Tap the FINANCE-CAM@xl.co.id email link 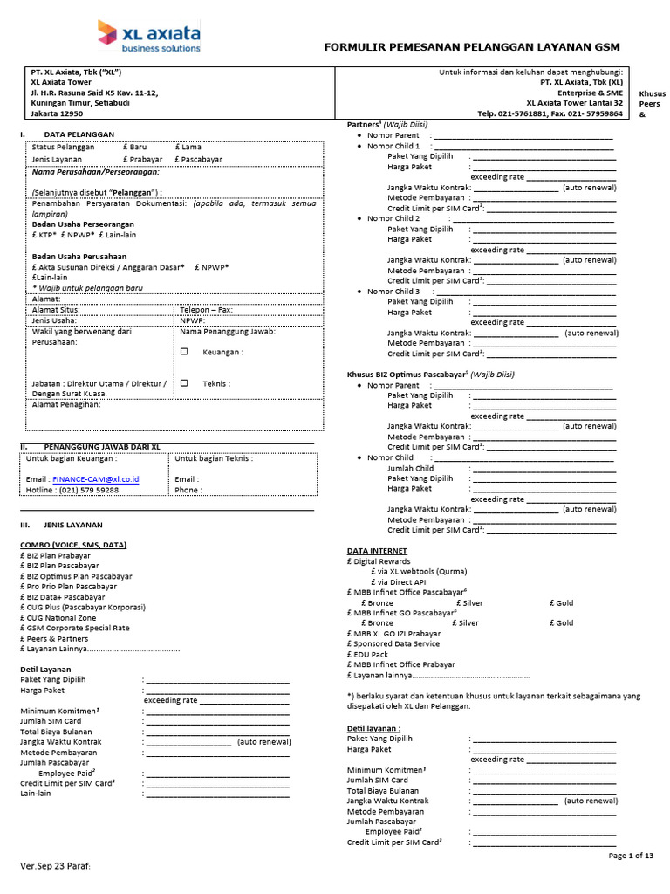click(95, 479)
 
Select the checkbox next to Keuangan click(184, 352)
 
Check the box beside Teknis click(184, 382)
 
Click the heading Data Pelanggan click(79, 134)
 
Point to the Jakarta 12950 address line click(58, 113)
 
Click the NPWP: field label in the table click(191, 320)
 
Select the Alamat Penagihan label click(66, 404)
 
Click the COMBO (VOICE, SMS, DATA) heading click(73, 545)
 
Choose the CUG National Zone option click(62, 617)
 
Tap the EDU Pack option click(371, 654)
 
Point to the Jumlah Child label click(410, 468)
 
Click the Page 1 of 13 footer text click(630, 856)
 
